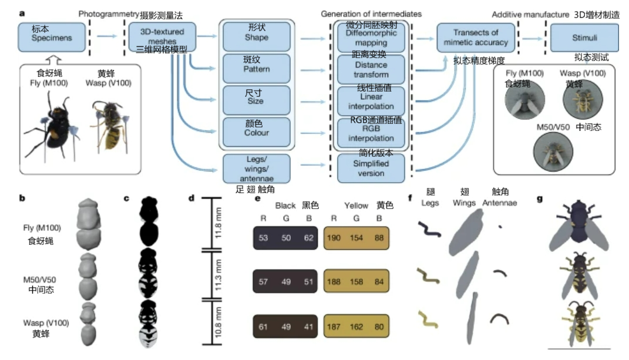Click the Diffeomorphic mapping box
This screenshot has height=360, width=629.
coord(371,38)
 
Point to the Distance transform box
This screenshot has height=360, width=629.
coord(371,70)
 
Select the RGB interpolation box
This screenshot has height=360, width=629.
coord(371,133)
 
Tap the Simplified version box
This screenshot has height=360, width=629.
coord(371,168)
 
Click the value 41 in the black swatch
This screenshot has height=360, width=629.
coord(306,327)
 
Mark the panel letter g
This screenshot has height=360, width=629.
coord(540,198)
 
